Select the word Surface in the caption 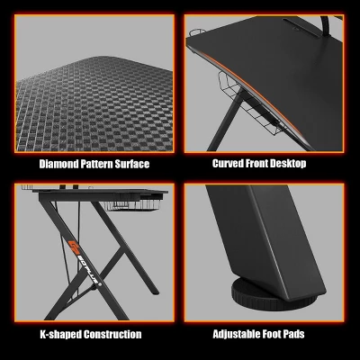click(x=131, y=165)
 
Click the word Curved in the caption click(x=229, y=165)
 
